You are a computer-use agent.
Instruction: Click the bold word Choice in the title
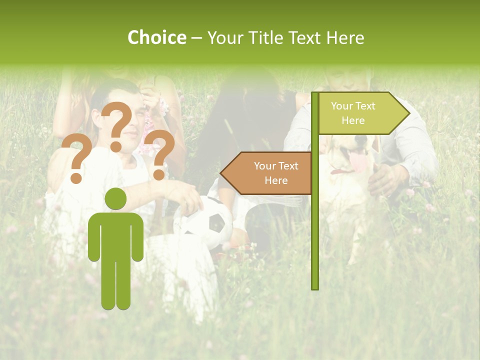click(156, 37)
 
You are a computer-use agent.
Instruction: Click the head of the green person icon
click(115, 199)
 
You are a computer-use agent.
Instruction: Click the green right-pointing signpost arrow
click(362, 113)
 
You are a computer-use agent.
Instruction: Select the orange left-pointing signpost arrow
click(267, 173)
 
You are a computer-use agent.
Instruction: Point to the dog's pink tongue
click(357, 161)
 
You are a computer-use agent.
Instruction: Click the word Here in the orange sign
click(276, 180)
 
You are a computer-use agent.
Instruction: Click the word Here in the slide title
click(344, 37)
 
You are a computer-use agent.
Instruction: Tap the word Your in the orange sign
click(265, 166)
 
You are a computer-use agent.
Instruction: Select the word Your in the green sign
click(341, 106)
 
